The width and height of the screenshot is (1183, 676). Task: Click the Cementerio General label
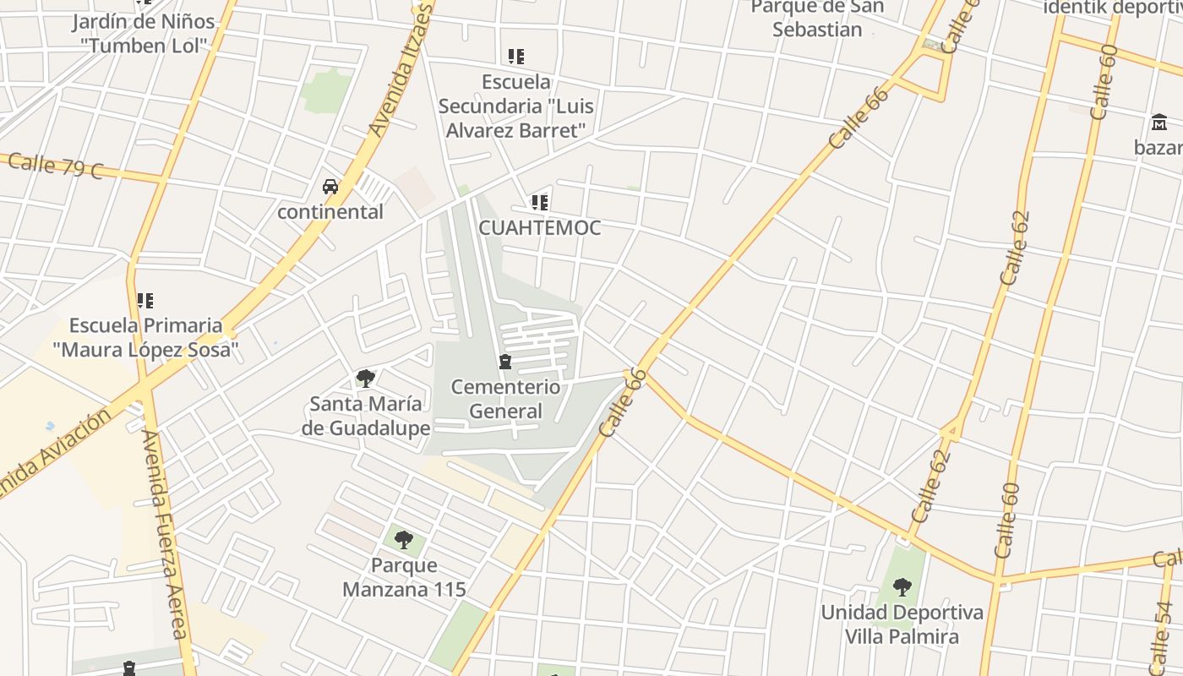(505, 399)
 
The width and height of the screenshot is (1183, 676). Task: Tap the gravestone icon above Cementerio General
(505, 362)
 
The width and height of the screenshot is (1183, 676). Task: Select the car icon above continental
(330, 187)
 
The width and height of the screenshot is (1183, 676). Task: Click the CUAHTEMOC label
(540, 227)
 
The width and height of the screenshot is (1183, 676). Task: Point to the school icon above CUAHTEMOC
(540, 203)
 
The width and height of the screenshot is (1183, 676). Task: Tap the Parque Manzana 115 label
(404, 576)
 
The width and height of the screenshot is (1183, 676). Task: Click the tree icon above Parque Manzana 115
(404, 539)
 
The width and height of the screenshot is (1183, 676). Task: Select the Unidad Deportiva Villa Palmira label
(902, 624)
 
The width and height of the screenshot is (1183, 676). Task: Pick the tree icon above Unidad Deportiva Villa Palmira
(902, 586)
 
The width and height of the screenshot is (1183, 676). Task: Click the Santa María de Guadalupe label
(366, 416)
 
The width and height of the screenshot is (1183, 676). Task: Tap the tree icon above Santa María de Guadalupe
(366, 378)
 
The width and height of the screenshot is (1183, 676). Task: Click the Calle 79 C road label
(55, 166)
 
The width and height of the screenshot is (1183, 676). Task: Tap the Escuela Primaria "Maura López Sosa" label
(145, 337)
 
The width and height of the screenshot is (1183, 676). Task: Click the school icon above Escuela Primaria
(145, 300)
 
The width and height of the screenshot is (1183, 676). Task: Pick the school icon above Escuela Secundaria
(516, 57)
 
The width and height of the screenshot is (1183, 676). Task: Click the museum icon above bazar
(1159, 123)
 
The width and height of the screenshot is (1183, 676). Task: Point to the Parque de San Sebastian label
(817, 19)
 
